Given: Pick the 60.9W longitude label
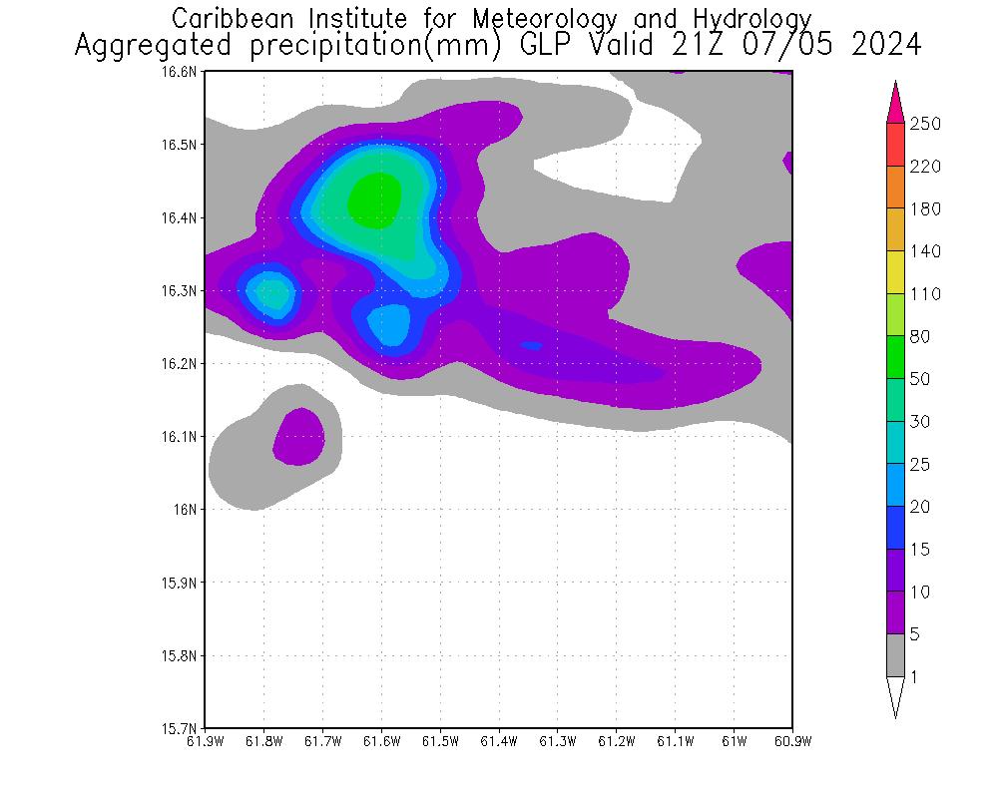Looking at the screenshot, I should [x=792, y=741].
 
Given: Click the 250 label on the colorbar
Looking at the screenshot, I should [x=925, y=124].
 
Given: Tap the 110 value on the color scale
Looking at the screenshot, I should [x=925, y=293].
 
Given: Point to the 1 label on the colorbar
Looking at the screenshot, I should [x=915, y=677].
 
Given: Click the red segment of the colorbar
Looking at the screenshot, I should [x=895, y=145].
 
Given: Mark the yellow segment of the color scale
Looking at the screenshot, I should [x=895, y=272].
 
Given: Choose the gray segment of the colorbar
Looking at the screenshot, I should [x=895, y=655].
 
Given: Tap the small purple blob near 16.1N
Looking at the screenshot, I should [x=299, y=436].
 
